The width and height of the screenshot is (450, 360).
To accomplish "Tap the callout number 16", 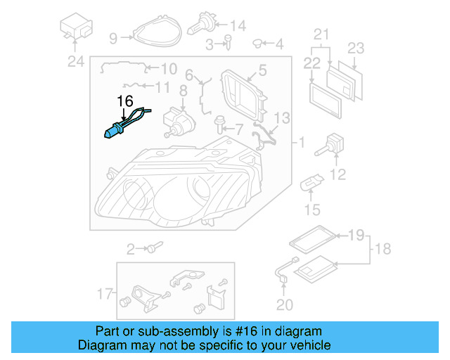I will point(124,101).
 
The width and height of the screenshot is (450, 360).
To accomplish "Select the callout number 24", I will point(75,62).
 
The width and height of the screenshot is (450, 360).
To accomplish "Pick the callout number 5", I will point(262,70).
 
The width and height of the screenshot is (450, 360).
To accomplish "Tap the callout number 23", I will point(356,48).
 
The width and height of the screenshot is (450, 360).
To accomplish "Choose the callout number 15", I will point(311,209).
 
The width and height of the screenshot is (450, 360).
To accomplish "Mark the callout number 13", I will point(281,117).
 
